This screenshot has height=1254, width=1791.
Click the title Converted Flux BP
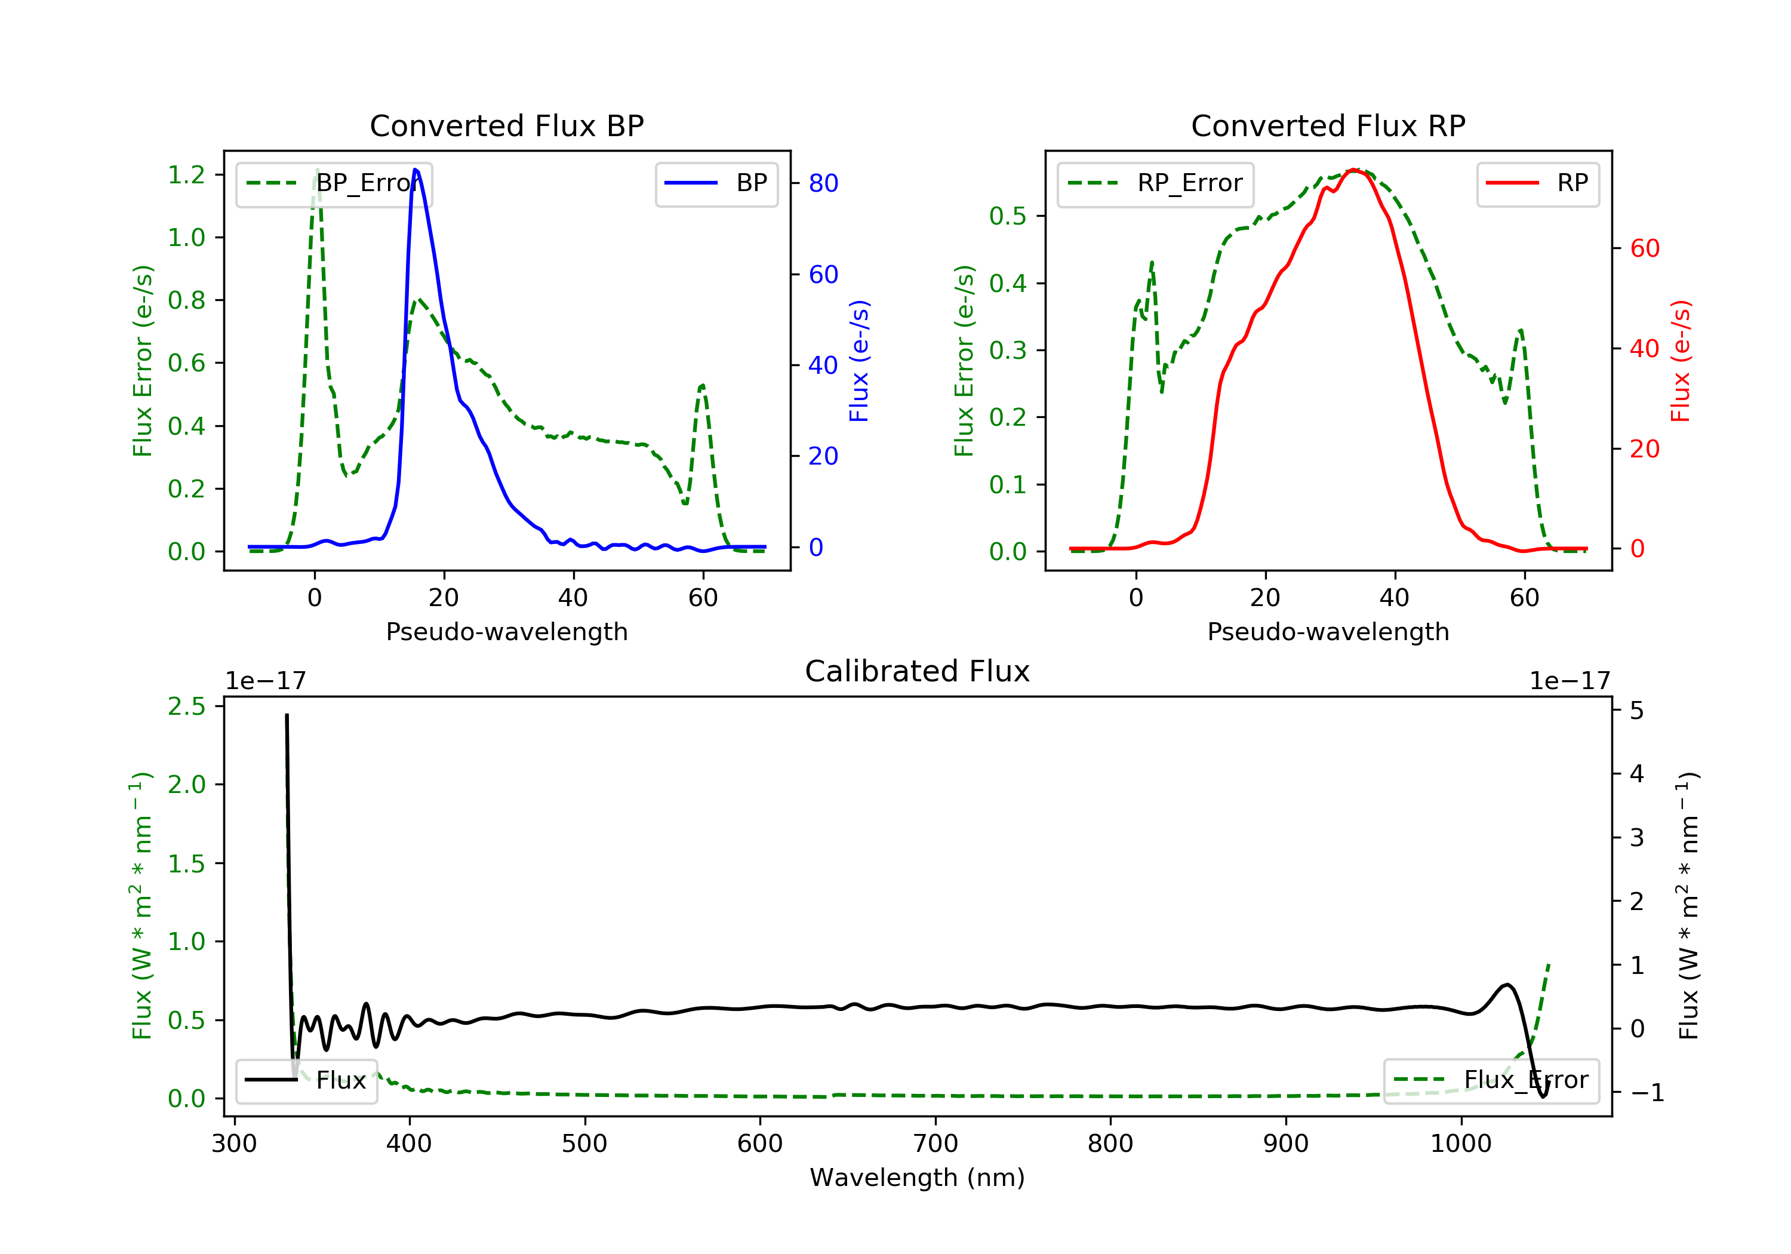coord(506,125)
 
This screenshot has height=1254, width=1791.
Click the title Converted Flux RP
coord(1328,125)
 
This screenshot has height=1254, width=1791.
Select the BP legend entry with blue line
coord(716,183)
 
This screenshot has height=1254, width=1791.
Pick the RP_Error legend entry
coord(1155,183)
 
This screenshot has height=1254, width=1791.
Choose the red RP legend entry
coord(1537,183)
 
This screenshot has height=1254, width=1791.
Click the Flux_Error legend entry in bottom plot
coord(1491,1080)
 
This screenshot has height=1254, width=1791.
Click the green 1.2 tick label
coord(186,175)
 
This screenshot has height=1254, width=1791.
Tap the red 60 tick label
coord(1644,249)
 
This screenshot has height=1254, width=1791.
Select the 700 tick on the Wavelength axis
coord(935,1144)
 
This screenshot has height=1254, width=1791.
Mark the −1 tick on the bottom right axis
coord(1646,1092)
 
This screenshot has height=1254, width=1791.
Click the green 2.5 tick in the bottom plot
coord(186,706)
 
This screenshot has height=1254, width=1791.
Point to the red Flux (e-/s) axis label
coord(1680,361)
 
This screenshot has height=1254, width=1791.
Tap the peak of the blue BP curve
coord(415,170)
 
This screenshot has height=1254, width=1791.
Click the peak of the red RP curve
coord(1354,170)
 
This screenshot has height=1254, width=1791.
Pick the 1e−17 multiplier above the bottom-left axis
coord(265,681)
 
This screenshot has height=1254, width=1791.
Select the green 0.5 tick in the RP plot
coord(1007,216)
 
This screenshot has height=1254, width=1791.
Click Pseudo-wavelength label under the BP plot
coord(506,631)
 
